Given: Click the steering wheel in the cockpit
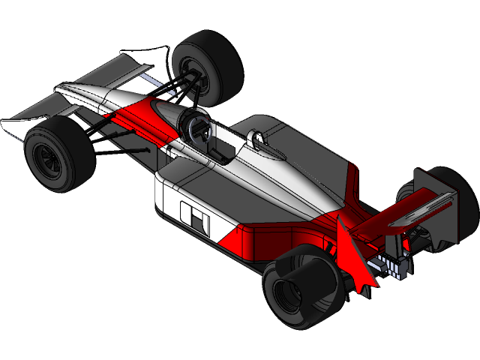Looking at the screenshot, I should (196, 127).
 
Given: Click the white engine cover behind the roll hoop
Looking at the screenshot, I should (292, 180).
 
